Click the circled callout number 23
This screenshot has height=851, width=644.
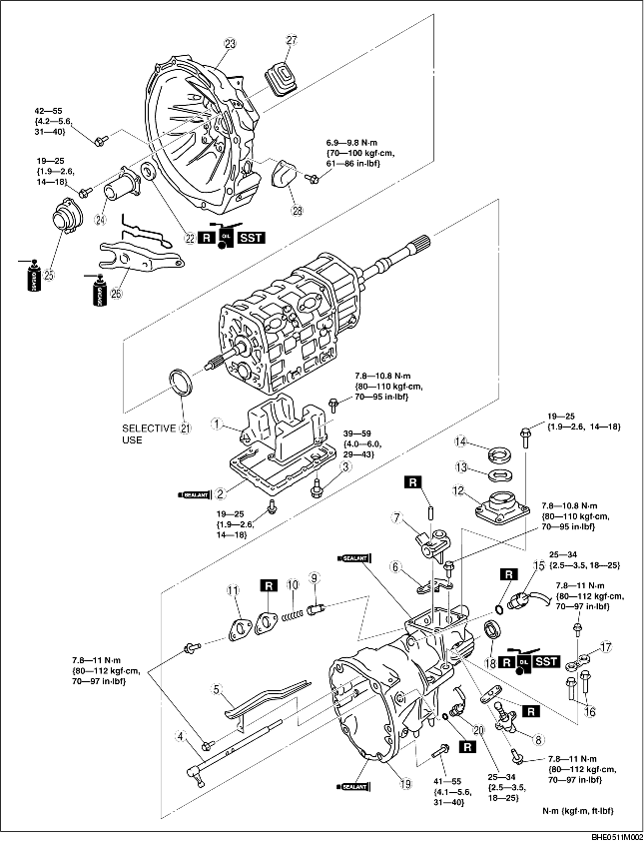(231, 44)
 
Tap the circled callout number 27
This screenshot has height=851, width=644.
(293, 40)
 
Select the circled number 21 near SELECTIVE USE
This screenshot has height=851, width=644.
(185, 428)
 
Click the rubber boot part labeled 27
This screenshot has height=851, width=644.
(282, 77)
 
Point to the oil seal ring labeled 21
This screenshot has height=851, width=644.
(182, 385)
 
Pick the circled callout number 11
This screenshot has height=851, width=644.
(235, 591)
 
